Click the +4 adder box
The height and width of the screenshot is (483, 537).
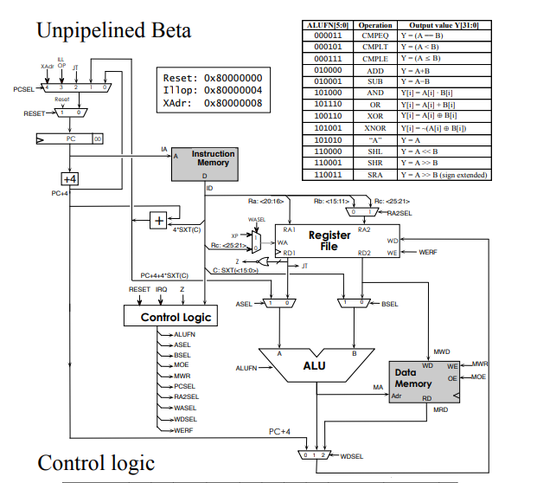(x=70, y=178)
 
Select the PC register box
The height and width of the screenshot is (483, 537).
(x=70, y=138)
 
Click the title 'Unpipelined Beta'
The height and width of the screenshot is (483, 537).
(x=113, y=31)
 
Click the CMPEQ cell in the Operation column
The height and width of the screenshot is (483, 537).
(x=377, y=35)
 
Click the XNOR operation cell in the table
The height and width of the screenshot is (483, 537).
(x=377, y=126)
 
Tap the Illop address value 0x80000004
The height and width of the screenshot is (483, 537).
(x=233, y=89)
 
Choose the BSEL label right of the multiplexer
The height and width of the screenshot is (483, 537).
(x=390, y=304)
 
